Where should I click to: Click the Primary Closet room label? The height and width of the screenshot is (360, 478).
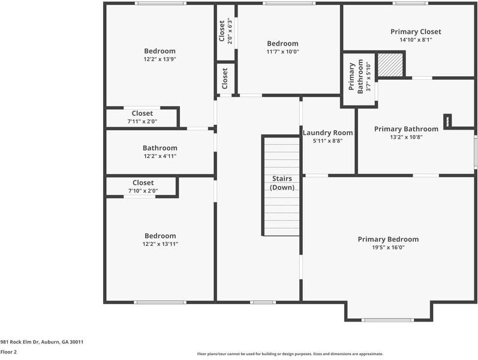click(415, 32)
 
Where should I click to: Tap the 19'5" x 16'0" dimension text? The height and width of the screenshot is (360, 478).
click(388, 247)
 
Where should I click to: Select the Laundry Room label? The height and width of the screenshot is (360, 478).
click(327, 133)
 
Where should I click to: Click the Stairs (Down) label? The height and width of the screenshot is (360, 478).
click(282, 183)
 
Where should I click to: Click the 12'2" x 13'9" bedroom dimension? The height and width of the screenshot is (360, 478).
click(160, 59)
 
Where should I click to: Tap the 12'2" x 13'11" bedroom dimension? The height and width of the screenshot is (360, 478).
click(160, 244)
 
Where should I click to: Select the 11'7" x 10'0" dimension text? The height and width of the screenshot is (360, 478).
click(282, 52)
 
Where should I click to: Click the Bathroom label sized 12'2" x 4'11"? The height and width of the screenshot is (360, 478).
click(160, 148)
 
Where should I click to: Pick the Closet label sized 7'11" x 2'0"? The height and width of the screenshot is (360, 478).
click(142, 113)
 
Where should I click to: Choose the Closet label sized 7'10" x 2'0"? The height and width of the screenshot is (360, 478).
click(143, 183)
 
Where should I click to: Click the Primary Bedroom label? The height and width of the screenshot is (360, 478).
click(388, 239)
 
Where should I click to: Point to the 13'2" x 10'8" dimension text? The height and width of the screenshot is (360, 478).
click(406, 137)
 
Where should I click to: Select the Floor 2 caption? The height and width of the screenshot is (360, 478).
click(8, 352)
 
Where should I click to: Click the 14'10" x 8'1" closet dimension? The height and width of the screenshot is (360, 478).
click(415, 40)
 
